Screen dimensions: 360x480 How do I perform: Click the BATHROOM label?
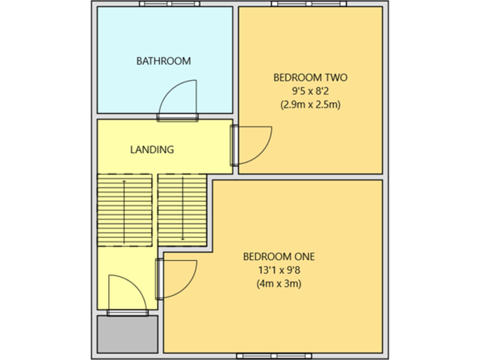164,61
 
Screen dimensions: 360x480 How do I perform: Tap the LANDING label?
152,150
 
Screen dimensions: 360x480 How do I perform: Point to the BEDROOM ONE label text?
279,256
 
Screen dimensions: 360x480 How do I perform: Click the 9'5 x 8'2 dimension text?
310,91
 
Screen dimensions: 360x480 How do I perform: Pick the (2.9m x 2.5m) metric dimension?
310,105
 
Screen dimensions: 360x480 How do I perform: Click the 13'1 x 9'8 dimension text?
279,270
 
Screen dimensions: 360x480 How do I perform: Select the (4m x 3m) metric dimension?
279,284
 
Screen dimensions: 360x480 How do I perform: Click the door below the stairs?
128,292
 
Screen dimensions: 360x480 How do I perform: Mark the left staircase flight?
125,209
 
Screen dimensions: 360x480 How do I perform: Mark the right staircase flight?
182,209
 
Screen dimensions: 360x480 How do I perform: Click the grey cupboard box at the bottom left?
127,334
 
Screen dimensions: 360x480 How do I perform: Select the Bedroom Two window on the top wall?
309,4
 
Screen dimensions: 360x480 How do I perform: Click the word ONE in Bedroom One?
304,256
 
